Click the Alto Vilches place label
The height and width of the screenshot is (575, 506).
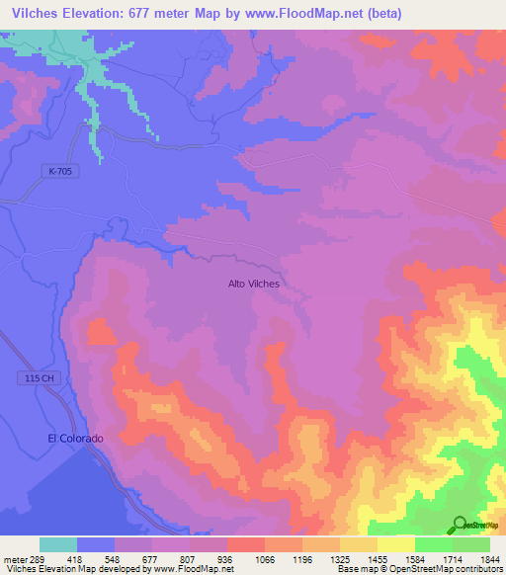point(254,284)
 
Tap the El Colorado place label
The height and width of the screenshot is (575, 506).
point(75,438)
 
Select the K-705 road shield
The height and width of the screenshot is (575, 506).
point(60,171)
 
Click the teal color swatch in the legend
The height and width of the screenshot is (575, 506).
point(58,544)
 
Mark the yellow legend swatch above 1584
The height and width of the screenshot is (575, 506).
point(395,544)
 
